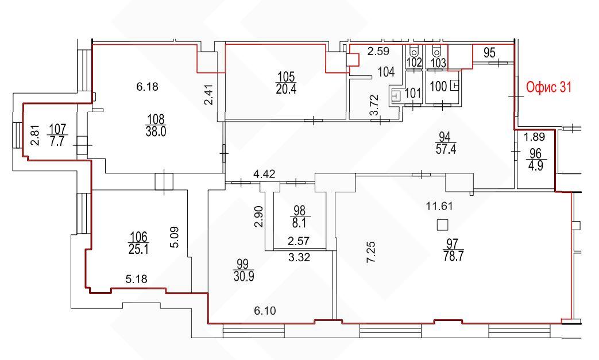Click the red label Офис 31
pyautogui.click(x=549, y=87)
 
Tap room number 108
pyautogui.click(x=156, y=119)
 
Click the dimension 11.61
pyautogui.click(x=439, y=206)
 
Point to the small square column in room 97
pyautogui.click(x=442, y=225)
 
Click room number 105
pyautogui.click(x=286, y=77)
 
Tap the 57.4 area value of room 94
pyautogui.click(x=446, y=149)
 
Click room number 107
pyautogui.click(x=57, y=129)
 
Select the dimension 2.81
pyautogui.click(x=35, y=136)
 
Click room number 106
pyautogui.click(x=138, y=237)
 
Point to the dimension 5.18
pyautogui.click(x=136, y=280)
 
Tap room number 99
pyautogui.click(x=242, y=264)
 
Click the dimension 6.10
pyautogui.click(x=265, y=311)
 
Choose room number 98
pyautogui.click(x=300, y=210)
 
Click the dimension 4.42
pyautogui.click(x=264, y=175)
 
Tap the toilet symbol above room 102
pyautogui.click(x=413, y=51)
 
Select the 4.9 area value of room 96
pyautogui.click(x=536, y=166)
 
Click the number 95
pyautogui.click(x=489, y=53)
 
